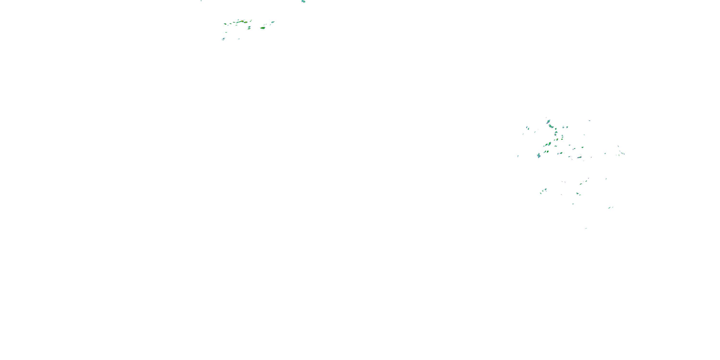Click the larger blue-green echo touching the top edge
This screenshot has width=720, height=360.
(303, 1)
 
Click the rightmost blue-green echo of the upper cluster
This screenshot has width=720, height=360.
(273, 22)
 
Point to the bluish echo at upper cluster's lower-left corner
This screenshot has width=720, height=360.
(223, 39)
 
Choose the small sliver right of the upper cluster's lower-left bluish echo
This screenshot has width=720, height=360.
(239, 39)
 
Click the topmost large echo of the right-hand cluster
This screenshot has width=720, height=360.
(548, 122)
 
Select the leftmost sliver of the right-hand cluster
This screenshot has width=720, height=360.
(518, 156)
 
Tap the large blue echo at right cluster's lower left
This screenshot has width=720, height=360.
(539, 155)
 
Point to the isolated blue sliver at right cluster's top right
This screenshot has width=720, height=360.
(589, 121)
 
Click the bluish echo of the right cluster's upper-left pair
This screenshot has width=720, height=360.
(527, 128)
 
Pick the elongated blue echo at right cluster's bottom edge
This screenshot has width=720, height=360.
(579, 158)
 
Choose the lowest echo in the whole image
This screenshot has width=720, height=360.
(586, 228)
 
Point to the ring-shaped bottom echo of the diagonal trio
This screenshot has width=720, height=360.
(540, 193)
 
